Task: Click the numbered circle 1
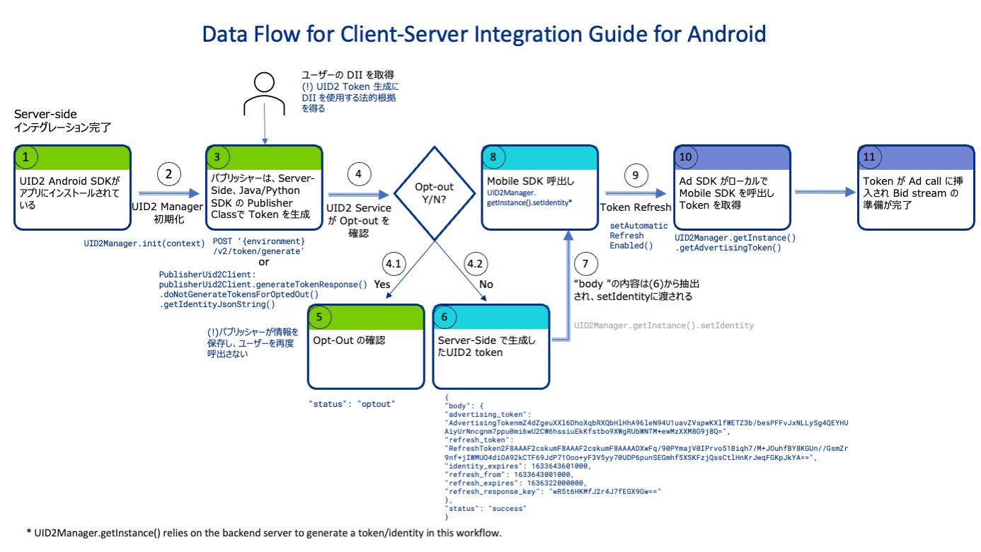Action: click(x=26, y=158)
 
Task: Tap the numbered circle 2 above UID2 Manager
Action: click(x=168, y=175)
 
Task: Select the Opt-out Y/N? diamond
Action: click(x=434, y=193)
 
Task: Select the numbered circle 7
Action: click(x=584, y=264)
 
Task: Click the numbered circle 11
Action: click(x=869, y=156)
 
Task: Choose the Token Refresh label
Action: click(x=635, y=208)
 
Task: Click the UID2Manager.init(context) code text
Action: click(x=144, y=243)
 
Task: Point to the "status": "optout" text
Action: click(x=351, y=403)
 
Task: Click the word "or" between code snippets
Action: click(x=264, y=262)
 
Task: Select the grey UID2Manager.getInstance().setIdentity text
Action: click(x=664, y=326)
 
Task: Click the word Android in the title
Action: click(x=721, y=34)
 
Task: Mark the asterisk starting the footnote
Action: click(x=29, y=533)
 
